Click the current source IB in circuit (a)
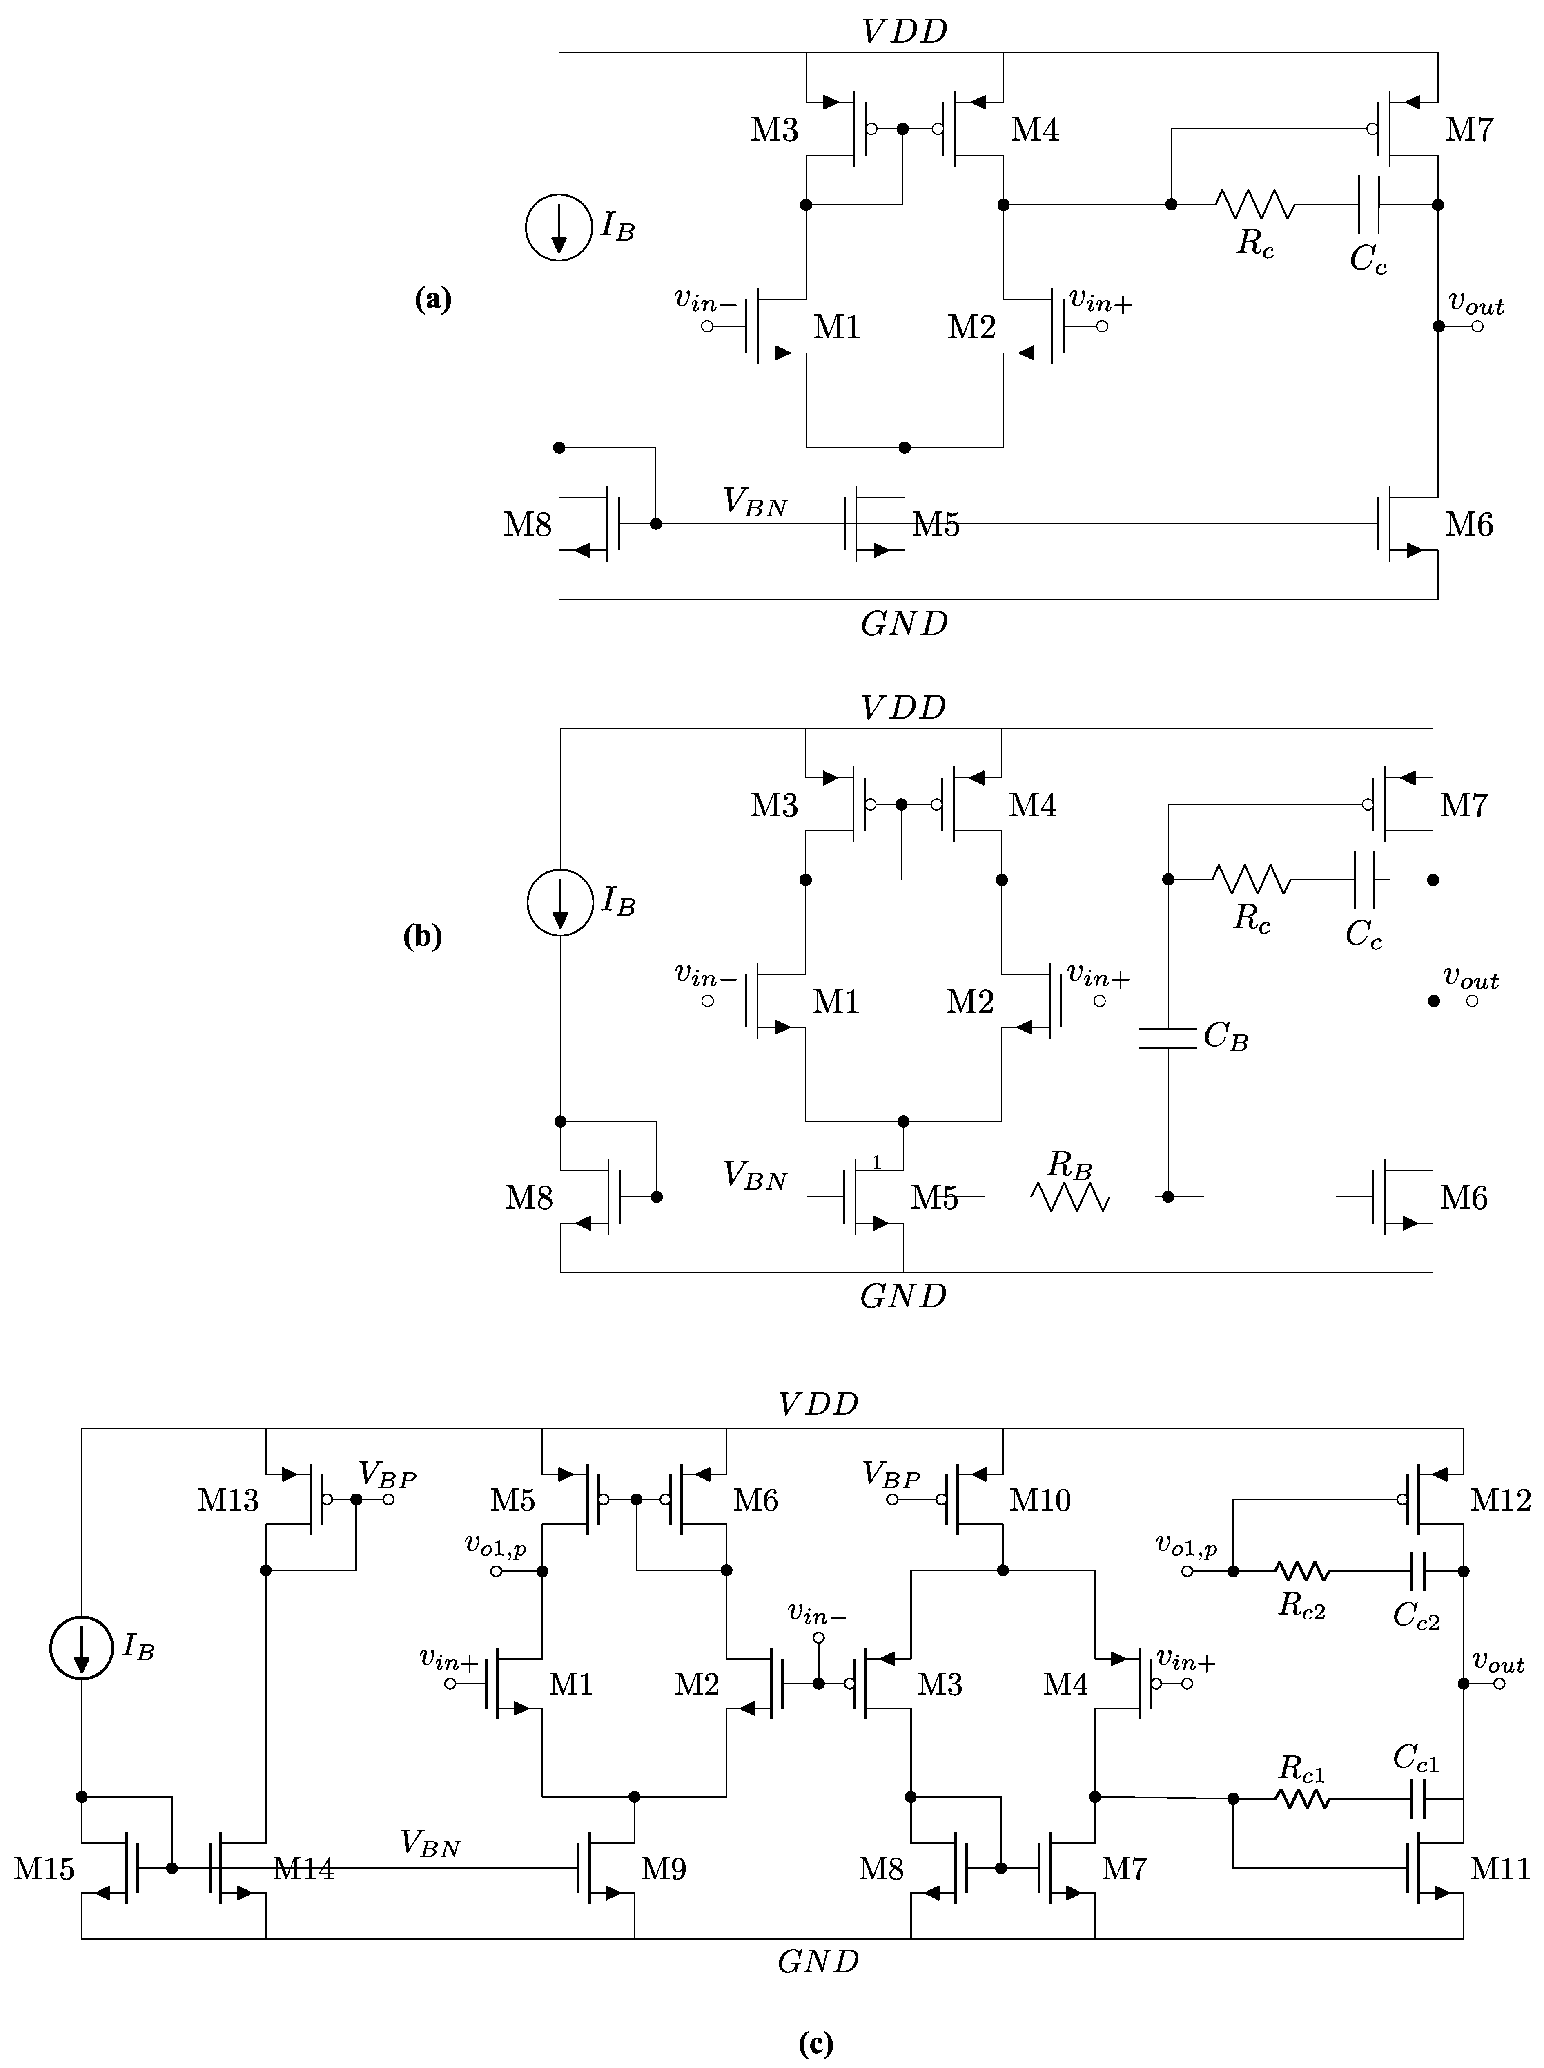(x=559, y=227)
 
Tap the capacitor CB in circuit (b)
(x=1168, y=1038)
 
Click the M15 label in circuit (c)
(x=44, y=1869)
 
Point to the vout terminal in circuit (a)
(x=1477, y=326)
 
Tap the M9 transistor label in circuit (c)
(x=664, y=1869)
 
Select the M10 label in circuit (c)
(x=1040, y=1501)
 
